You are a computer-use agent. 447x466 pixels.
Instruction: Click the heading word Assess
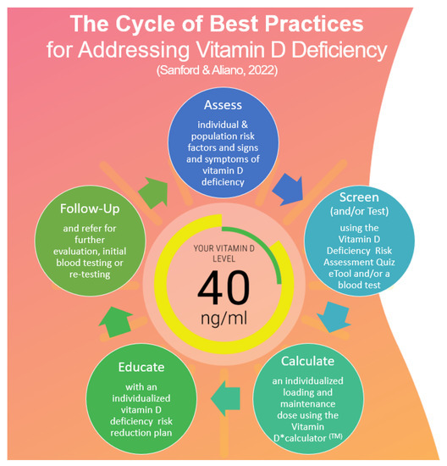[x=223, y=107]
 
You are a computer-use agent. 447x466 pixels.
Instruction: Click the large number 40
[x=223, y=288]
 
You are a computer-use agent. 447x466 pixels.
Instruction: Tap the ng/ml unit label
[x=224, y=320]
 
